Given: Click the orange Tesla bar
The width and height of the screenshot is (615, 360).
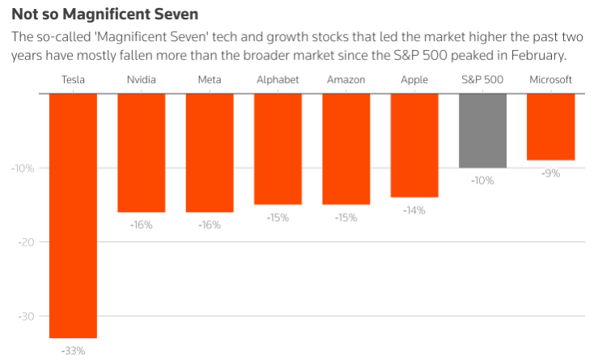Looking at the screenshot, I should tap(73, 215).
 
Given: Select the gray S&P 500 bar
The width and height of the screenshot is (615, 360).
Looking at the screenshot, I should tap(482, 130).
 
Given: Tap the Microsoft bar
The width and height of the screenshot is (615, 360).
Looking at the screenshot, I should tap(551, 126).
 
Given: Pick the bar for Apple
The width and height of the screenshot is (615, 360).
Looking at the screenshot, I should tap(414, 145).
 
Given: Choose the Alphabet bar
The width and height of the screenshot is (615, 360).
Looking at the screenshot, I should tap(278, 149).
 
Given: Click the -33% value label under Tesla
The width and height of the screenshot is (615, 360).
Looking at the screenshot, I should tap(73, 351).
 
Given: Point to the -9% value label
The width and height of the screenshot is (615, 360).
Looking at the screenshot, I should tap(551, 173).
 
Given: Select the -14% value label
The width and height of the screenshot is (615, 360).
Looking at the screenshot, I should tap(414, 210).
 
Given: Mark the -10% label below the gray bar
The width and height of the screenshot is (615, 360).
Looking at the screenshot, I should tap(482, 180).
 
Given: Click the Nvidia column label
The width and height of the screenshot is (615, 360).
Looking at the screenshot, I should tap(142, 79).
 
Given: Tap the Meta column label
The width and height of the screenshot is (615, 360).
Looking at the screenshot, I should tap(210, 79).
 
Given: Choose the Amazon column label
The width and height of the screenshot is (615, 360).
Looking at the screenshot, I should tap(346, 79).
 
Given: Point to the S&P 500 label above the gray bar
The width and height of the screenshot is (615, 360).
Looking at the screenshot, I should tap(482, 79).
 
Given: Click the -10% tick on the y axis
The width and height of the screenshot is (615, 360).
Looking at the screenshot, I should tap(21, 168).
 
